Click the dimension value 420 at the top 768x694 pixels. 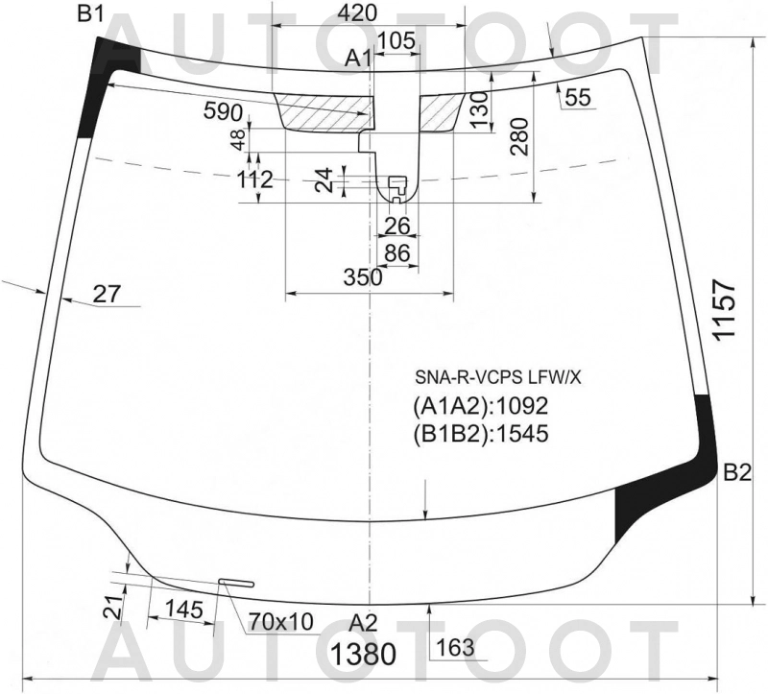(x=357, y=12)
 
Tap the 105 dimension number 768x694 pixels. (x=396, y=40)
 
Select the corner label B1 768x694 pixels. (x=90, y=14)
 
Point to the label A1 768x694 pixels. (x=358, y=59)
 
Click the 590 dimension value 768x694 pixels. (x=223, y=112)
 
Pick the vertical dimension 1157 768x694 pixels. (x=725, y=309)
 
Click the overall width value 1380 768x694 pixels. (x=364, y=654)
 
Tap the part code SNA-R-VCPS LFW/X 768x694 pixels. (x=498, y=377)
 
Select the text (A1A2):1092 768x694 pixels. (x=481, y=405)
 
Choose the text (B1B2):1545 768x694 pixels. (x=481, y=434)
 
